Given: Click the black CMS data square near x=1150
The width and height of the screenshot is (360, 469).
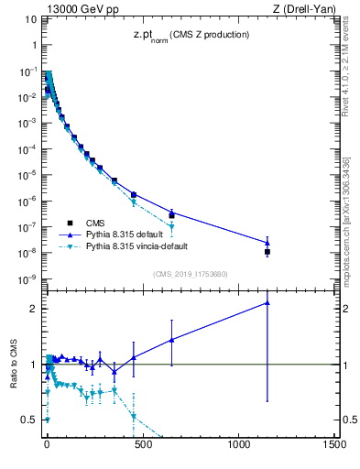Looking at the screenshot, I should tap(267, 251).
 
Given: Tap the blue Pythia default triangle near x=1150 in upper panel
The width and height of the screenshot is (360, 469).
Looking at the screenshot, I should tap(267, 243).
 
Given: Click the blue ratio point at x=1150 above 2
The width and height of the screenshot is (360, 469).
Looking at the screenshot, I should tap(267, 302).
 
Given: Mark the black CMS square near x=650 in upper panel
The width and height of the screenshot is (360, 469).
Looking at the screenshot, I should tap(171, 215).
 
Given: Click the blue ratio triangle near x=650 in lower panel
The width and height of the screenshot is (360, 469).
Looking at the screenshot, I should tap(171, 340).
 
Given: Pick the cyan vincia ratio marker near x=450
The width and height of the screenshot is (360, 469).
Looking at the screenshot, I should tap(134, 416).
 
